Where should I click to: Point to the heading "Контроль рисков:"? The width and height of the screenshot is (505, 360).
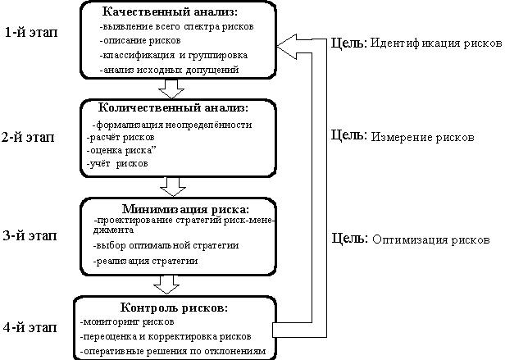coord(174,308)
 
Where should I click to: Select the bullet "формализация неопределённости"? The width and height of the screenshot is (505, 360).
coord(172,124)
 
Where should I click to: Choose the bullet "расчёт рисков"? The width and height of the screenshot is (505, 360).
coord(119,138)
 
